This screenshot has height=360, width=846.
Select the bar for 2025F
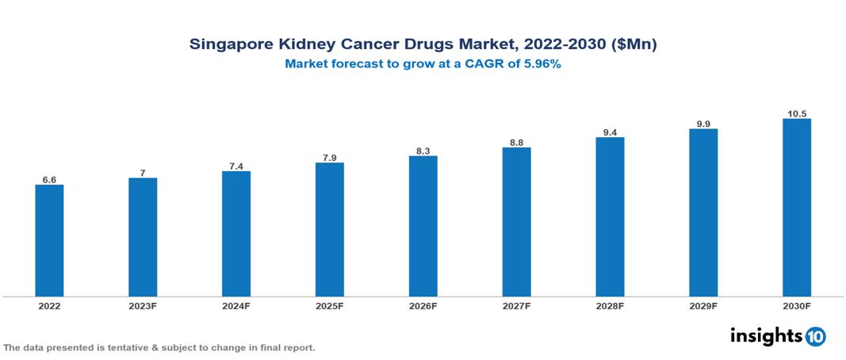point(329,230)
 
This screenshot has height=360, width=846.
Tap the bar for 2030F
point(796,208)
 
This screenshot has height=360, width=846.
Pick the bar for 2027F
point(516,222)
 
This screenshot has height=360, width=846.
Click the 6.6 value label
point(49,180)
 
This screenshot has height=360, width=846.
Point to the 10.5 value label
point(796,113)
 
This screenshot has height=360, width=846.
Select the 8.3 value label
point(423,151)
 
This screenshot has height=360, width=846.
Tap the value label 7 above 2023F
point(143,173)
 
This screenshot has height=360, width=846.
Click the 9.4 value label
point(610,132)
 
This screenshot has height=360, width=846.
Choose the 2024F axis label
point(236,305)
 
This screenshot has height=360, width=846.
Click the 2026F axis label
point(423,305)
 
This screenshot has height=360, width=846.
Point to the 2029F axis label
point(703,305)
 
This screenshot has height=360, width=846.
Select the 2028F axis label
point(610,305)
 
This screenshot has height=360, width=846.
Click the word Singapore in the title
point(229,45)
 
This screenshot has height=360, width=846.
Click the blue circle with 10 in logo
point(815,336)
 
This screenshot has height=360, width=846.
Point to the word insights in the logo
point(766,335)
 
